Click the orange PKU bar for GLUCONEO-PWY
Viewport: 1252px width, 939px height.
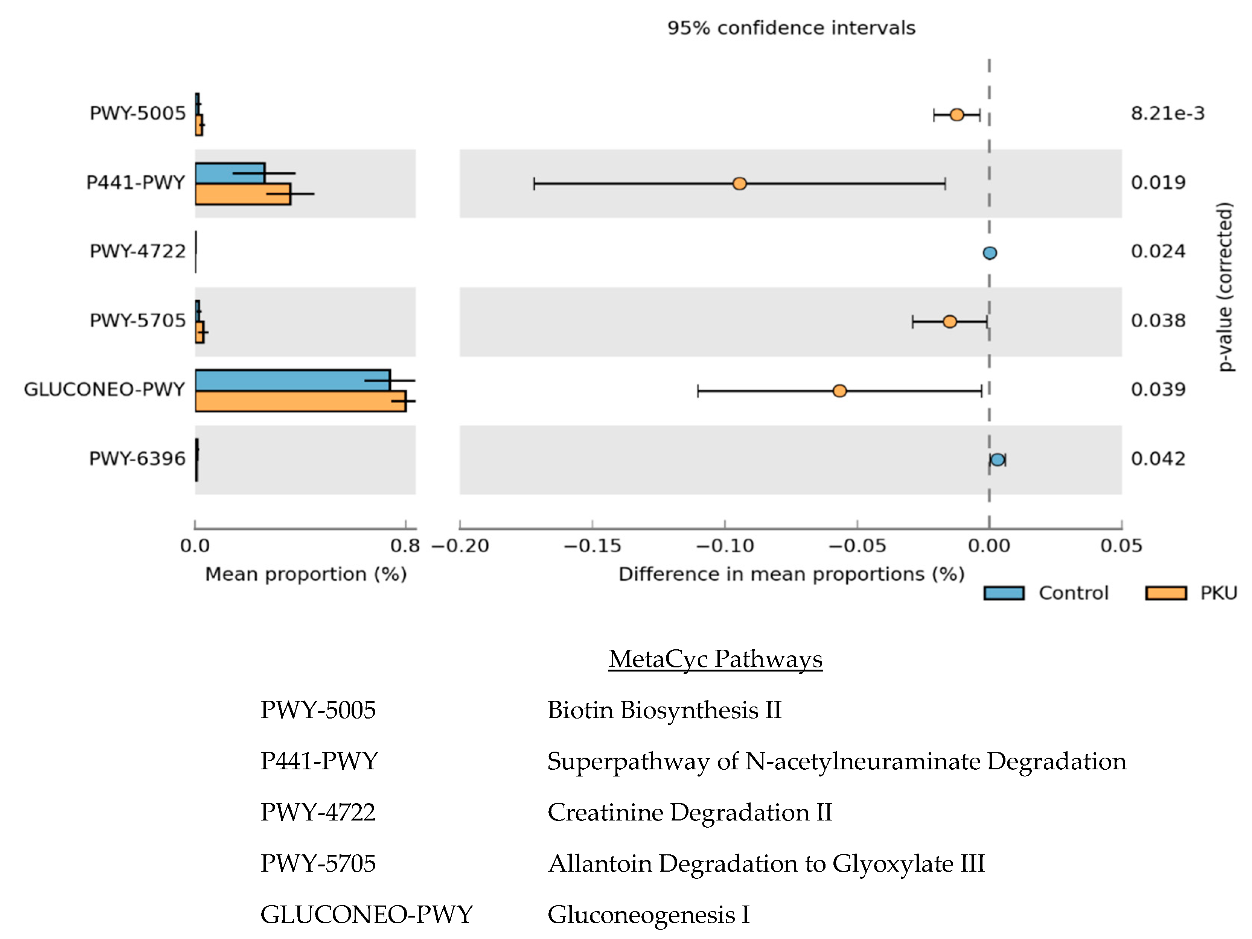300,401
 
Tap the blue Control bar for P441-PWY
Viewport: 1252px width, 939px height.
230,173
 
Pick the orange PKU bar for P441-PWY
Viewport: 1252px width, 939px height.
243,194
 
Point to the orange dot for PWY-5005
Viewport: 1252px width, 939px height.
957,115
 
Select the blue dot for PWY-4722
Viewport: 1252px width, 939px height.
989,253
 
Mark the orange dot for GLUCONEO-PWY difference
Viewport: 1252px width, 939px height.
839,391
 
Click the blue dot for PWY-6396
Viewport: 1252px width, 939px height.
997,460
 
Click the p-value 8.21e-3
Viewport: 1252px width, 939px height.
1167,114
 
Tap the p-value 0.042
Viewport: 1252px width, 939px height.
1158,459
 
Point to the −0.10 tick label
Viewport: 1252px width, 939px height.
725,546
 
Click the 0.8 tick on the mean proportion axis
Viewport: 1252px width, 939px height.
405,546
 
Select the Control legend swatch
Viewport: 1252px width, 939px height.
1004,593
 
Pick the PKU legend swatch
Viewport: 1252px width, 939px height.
1166,593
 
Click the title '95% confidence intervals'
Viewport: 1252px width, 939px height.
791,28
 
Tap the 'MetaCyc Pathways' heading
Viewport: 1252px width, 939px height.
716,659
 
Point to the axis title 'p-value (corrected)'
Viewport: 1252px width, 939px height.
1225,286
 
